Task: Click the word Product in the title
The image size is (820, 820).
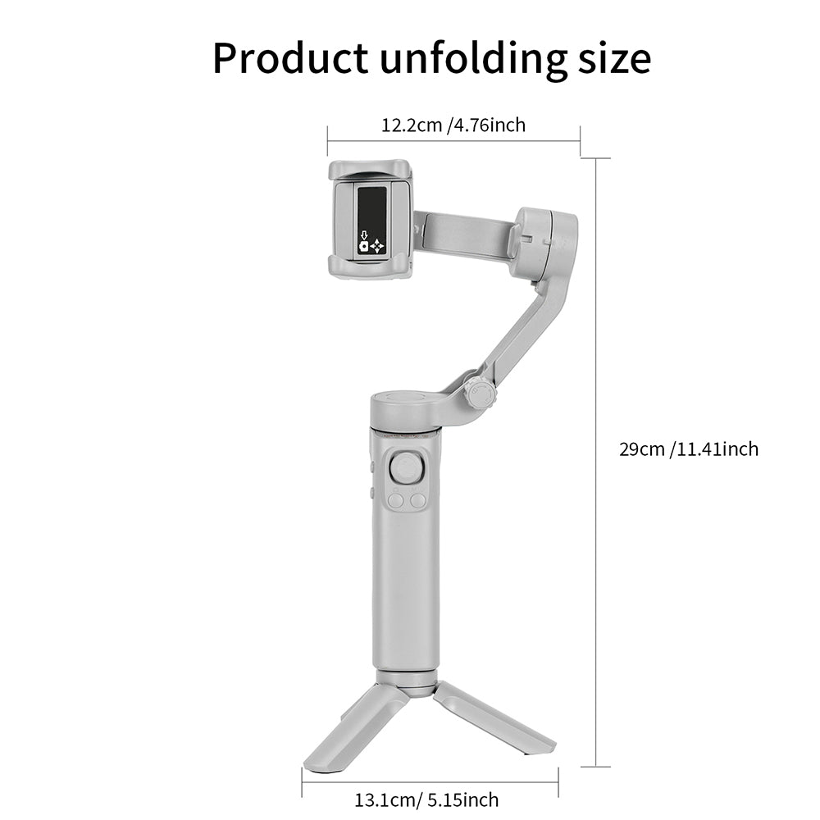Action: [x=290, y=58]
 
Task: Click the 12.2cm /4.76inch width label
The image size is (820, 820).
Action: [x=453, y=125]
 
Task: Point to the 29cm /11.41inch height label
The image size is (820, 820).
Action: [x=689, y=449]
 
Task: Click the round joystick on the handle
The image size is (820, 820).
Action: [x=407, y=468]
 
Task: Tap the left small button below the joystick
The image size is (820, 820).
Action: [x=396, y=499]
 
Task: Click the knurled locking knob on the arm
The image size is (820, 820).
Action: [x=479, y=393]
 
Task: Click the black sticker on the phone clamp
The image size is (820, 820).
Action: [x=373, y=220]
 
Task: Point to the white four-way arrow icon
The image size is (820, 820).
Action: [x=376, y=245]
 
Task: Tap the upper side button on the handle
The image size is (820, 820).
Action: [x=372, y=468]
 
